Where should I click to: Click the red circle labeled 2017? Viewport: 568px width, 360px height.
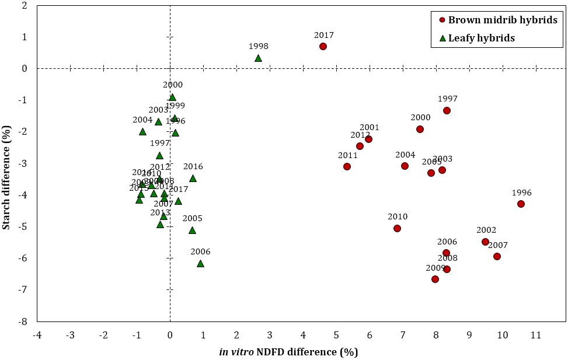[323, 46]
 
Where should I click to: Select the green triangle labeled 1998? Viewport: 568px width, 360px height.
[258, 58]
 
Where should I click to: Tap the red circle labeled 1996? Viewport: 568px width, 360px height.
[521, 204]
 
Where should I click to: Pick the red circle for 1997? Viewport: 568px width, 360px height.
[447, 110]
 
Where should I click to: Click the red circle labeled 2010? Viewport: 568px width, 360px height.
[397, 228]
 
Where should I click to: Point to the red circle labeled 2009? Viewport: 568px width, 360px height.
[435, 279]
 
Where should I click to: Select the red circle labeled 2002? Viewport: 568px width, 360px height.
[485, 242]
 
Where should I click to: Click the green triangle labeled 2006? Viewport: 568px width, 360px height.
[200, 263]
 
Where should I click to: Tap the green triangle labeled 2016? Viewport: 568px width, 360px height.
[193, 178]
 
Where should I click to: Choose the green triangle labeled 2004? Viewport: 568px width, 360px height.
[142, 131]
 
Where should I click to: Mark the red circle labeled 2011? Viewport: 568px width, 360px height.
[347, 166]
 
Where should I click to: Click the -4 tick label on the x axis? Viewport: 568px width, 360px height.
[37, 335]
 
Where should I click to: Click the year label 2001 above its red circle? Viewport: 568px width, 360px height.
[370, 127]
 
